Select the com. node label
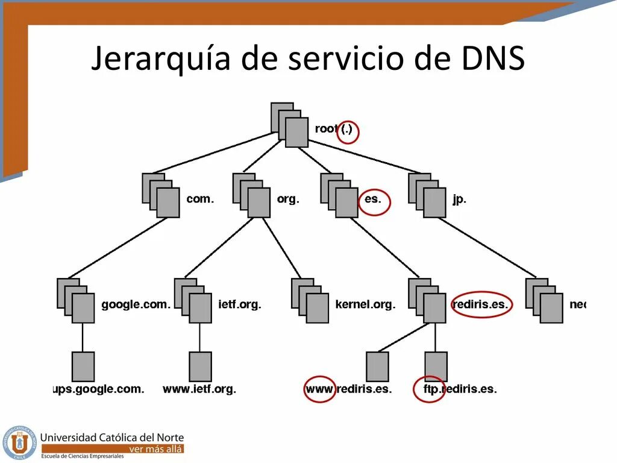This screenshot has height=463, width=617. [200, 199]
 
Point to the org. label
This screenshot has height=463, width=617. [288, 199]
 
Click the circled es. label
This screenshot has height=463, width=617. [374, 199]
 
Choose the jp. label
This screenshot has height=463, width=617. [459, 199]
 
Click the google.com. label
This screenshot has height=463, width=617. [136, 305]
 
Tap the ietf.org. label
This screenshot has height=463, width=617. [240, 305]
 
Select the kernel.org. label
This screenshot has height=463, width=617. [365, 305]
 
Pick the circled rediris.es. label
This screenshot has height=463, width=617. [480, 305]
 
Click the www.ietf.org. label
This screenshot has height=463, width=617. [199, 389]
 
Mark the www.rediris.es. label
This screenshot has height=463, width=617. [348, 389]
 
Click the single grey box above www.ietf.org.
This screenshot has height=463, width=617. [200, 367]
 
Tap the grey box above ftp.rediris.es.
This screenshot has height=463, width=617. [436, 367]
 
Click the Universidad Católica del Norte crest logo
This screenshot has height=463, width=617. [19, 443]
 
